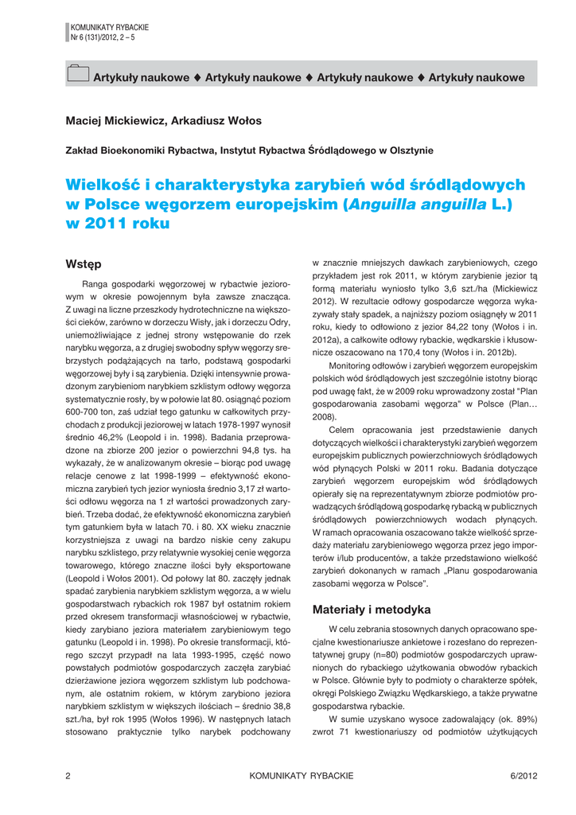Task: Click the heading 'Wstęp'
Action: click(84, 263)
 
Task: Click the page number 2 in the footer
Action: click(68, 775)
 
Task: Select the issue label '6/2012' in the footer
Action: click(523, 775)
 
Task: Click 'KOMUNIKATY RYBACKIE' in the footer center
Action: click(301, 775)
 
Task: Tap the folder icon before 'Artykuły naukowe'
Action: click(77, 75)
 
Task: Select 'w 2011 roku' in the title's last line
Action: click(118, 224)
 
